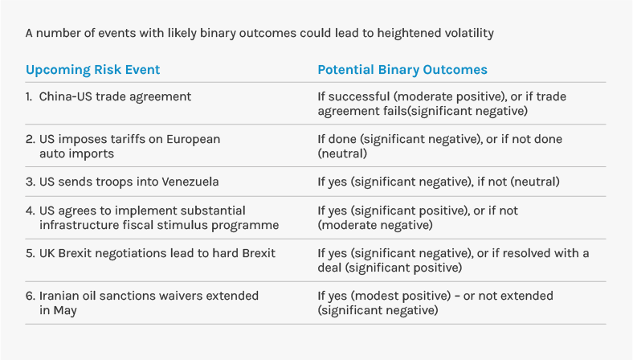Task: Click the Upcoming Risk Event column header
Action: point(92,70)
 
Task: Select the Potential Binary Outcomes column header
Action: point(402,70)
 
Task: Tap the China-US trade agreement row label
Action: point(115,96)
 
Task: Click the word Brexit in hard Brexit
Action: point(255,253)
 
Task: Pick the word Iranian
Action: point(63,296)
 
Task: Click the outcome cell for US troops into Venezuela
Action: point(438,182)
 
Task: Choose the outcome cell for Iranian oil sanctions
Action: point(435,303)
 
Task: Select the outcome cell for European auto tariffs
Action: point(439,145)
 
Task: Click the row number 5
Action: point(30,253)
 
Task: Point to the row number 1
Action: point(29,96)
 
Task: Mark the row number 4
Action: point(30,211)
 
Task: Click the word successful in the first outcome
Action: point(359,96)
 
